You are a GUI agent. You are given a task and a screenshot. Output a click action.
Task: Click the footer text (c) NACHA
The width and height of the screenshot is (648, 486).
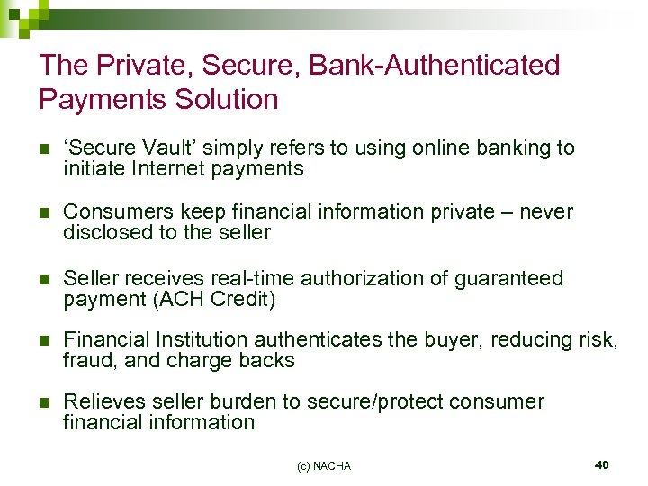(x=324, y=465)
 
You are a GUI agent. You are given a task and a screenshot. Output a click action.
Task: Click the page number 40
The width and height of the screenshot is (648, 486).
(x=602, y=464)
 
